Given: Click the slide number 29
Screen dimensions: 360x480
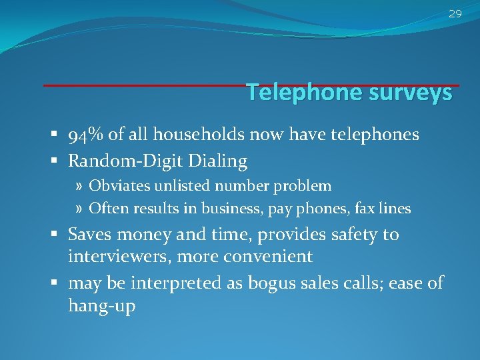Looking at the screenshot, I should click(455, 13).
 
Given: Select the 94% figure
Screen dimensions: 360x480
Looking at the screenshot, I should click(83, 135).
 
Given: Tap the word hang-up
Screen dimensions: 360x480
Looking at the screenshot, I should click(102, 307).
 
